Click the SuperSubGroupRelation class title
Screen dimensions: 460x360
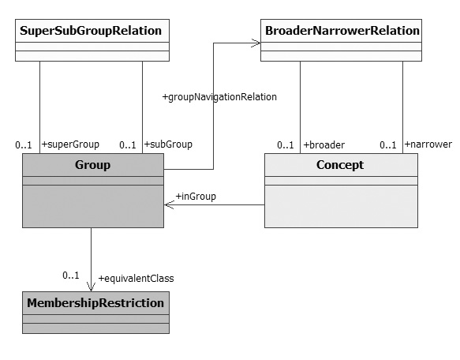[91, 31]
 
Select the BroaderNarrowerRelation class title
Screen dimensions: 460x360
[342, 31]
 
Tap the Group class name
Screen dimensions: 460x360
[92, 165]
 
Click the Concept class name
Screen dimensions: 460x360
[340, 165]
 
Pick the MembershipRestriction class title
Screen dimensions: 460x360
[95, 303]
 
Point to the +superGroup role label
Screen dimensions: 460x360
[70, 144]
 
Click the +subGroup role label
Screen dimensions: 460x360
[168, 144]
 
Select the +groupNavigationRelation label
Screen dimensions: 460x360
[219, 97]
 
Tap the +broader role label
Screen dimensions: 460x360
[323, 144]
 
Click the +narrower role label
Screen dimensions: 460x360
[428, 144]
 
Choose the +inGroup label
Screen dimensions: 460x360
[196, 196]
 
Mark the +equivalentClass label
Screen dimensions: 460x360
[137, 279]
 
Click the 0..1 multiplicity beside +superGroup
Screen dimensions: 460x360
[24, 144]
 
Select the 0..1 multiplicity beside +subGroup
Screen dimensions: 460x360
[128, 144]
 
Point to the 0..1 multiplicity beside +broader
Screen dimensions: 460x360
[286, 144]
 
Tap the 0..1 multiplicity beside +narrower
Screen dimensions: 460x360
[388, 144]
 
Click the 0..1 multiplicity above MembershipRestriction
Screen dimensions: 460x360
[71, 276]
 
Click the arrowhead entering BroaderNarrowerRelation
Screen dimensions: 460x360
[256, 43]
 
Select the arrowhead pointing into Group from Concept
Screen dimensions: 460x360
[169, 204]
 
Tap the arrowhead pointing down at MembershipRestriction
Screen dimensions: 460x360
[91, 287]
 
